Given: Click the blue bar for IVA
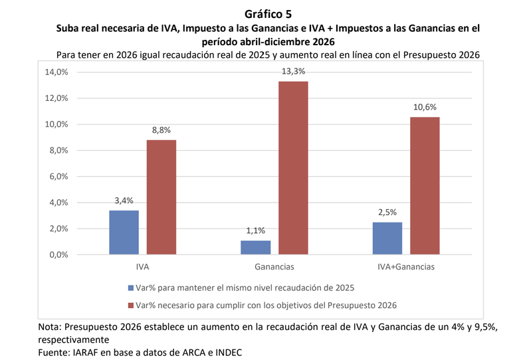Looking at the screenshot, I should [124, 232].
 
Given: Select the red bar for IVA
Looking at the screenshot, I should [161, 197].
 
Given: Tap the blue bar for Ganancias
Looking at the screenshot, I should [256, 247].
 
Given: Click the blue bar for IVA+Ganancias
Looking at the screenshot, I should [387, 238].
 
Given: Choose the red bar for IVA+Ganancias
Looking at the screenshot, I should [425, 186].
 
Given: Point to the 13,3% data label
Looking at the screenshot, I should [294, 71].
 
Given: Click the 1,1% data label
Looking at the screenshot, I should [256, 230].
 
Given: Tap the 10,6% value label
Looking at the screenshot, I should [425, 106].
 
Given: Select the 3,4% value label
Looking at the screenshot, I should [124, 200].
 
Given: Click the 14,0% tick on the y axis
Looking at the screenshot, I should [57, 72].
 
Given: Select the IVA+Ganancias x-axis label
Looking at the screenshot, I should [407, 267].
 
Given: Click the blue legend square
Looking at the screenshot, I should [129, 288].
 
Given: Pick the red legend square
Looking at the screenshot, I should [129, 306].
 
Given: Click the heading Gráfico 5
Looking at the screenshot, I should [263, 13].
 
